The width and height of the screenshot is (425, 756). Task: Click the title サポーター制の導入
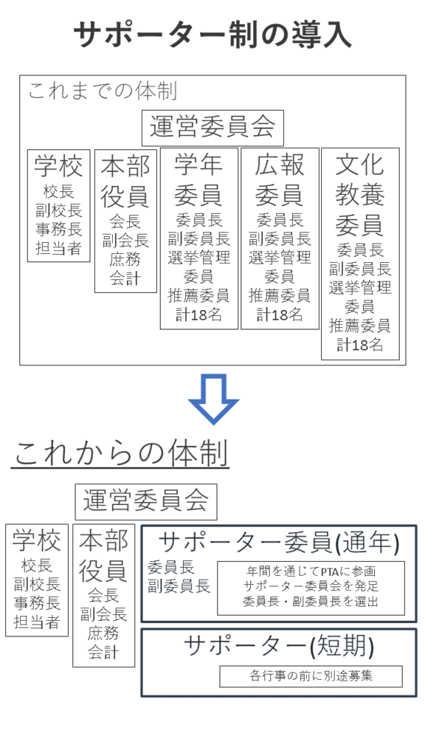(212, 35)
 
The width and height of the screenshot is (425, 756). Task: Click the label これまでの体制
(103, 91)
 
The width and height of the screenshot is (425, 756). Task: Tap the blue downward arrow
(213, 399)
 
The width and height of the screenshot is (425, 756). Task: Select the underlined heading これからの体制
(120, 453)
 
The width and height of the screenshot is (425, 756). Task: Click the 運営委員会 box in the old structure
(212, 128)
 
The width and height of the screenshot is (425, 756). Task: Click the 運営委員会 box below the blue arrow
(146, 502)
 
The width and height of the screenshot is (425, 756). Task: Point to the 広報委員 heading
(280, 180)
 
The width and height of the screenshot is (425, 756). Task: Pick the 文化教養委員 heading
(360, 195)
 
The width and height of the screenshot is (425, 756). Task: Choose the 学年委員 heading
(199, 180)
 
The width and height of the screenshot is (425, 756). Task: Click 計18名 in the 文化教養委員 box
(360, 346)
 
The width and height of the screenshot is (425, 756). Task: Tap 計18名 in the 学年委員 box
(199, 315)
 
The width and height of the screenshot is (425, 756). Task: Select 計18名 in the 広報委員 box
(280, 315)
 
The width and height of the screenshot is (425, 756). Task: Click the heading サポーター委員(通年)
(279, 543)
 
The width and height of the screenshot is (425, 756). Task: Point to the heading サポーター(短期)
(279, 646)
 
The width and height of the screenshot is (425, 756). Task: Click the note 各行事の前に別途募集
(311, 676)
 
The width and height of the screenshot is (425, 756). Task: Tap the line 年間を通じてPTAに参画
(311, 572)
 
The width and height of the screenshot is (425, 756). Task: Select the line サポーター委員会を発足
(311, 586)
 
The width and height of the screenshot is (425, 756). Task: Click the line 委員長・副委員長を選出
(311, 601)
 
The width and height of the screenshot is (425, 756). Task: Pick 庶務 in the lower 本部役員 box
(103, 633)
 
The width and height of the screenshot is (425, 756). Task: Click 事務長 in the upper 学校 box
(59, 230)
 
